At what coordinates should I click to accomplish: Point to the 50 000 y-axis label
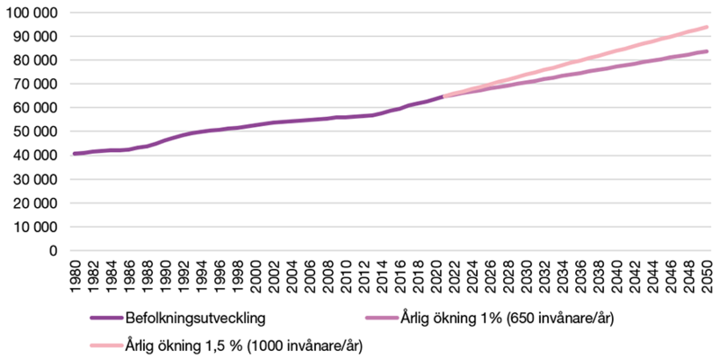click(x=33, y=131)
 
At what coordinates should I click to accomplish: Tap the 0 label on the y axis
click(x=53, y=250)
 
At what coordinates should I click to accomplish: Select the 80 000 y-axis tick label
click(x=33, y=60)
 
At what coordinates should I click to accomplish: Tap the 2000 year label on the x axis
click(x=256, y=275)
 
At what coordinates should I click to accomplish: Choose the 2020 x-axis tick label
click(x=438, y=275)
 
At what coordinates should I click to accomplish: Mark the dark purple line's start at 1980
click(x=75, y=154)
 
